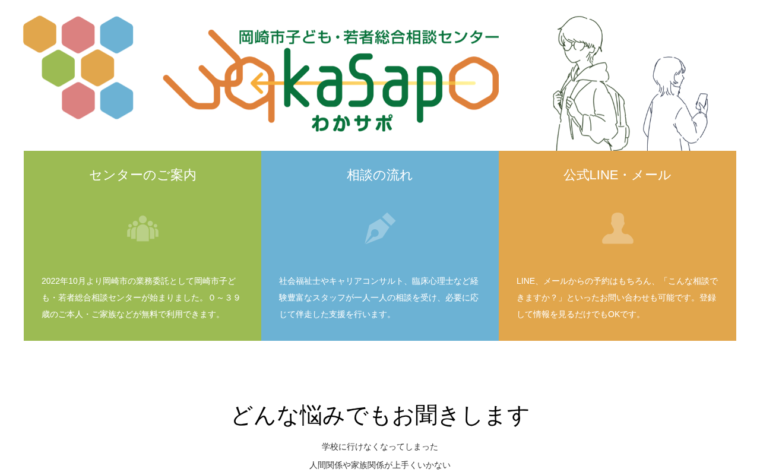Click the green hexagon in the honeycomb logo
click(58, 68)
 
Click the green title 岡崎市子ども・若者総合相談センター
click(369, 37)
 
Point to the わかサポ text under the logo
click(352, 122)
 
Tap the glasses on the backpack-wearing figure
click(573, 46)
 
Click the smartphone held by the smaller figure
click(702, 101)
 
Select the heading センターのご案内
click(142, 175)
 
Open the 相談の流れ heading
click(379, 175)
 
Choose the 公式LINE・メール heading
click(617, 175)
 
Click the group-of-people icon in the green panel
click(142, 229)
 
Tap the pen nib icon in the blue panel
click(380, 228)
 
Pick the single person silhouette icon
click(617, 228)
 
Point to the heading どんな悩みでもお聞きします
click(380, 415)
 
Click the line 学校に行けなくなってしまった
click(379, 447)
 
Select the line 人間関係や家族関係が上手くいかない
click(379, 465)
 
